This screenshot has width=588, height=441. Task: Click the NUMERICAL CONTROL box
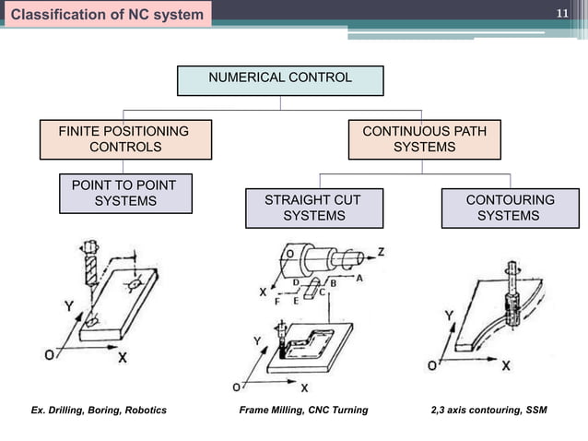(x=280, y=78)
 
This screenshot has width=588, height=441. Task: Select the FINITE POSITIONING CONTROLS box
(x=124, y=139)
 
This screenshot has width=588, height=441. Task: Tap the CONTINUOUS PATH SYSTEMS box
(x=424, y=139)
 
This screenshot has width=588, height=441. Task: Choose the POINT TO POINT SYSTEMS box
(x=125, y=193)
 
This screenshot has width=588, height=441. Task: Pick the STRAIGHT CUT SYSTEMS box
(x=313, y=208)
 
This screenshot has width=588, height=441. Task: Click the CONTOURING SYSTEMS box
(x=510, y=208)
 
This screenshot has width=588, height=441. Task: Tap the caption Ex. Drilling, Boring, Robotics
(x=99, y=410)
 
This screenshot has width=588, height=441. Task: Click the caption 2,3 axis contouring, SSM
(x=488, y=410)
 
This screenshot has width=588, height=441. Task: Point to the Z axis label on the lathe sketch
(x=382, y=252)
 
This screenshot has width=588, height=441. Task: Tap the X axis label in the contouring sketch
(x=505, y=365)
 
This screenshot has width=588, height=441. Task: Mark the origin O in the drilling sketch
(x=47, y=354)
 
